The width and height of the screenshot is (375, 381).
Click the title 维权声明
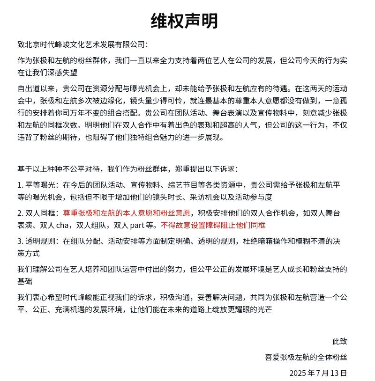(x=184, y=21)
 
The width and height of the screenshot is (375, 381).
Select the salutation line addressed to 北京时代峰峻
(x=82, y=44)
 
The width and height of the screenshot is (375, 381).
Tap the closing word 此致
(x=339, y=341)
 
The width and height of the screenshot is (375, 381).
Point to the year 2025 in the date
(x=298, y=373)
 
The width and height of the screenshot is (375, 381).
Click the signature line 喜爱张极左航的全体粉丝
(x=306, y=357)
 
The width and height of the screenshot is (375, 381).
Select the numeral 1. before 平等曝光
(x=20, y=185)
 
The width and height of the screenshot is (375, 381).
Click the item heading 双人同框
(x=40, y=213)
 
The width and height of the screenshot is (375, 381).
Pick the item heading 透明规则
(x=40, y=242)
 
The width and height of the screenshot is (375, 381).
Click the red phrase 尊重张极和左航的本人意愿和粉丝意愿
(x=127, y=213)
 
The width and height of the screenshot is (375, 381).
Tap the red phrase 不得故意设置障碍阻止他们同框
(x=213, y=225)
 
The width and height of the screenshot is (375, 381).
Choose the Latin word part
(x=137, y=225)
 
